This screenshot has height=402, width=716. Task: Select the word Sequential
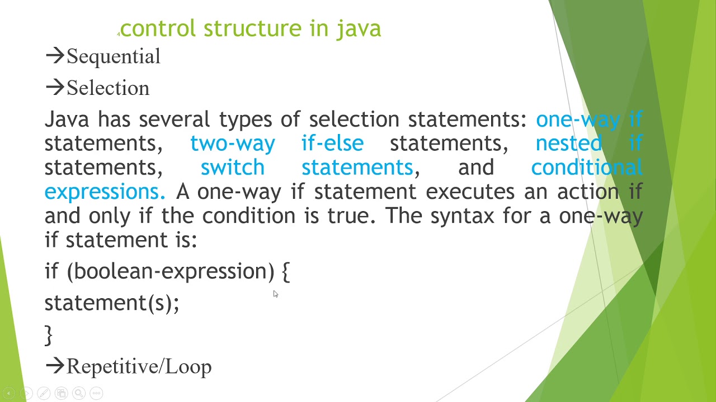pos(114,56)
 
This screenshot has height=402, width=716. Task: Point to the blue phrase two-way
pos(232,143)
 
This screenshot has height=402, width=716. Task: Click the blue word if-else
pos(332,143)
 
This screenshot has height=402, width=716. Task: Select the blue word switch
pos(232,167)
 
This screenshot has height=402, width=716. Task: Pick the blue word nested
pos(568,143)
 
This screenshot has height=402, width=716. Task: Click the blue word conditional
pos(586,167)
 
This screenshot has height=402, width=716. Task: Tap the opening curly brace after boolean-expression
pos(285,272)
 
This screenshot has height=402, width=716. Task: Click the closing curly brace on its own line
pos(48,335)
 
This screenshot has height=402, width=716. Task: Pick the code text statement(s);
pos(112,303)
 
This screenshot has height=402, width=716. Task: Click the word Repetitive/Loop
pos(139,367)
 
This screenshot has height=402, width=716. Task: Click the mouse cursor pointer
pos(275,294)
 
